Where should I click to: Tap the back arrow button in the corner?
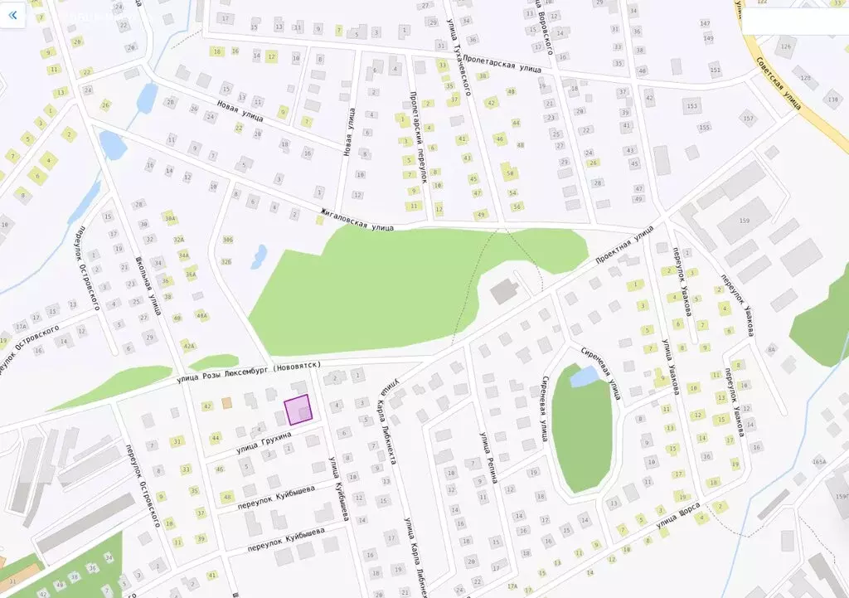[12, 15]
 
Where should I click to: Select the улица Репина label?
[485, 451]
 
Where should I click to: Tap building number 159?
[743, 221]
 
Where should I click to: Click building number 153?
[691, 106]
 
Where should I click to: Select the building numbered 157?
[748, 119]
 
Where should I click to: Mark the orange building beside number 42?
[226, 403]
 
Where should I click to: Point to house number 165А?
[819, 461]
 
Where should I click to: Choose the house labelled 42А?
[190, 346]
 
